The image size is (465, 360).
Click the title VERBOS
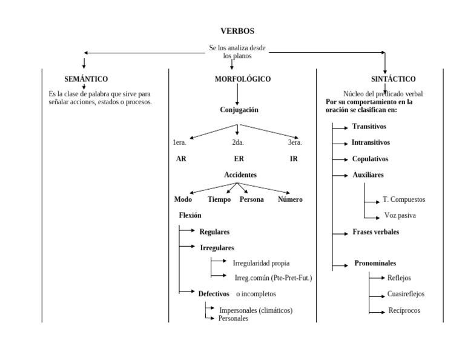pyautogui.click(x=237, y=31)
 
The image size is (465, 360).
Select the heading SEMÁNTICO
pyautogui.click(x=86, y=79)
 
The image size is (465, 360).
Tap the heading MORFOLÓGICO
pyautogui.click(x=243, y=79)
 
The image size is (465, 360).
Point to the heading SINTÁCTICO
pyautogui.click(x=393, y=79)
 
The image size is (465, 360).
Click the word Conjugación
pyautogui.click(x=239, y=110)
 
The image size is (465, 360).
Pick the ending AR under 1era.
pyautogui.click(x=181, y=159)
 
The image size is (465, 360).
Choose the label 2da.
pyautogui.click(x=238, y=142)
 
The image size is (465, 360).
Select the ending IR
pyautogui.click(x=294, y=159)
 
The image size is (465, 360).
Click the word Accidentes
pyautogui.click(x=240, y=175)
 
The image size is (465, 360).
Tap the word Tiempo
pyautogui.click(x=219, y=199)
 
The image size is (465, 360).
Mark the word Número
pyautogui.click(x=290, y=199)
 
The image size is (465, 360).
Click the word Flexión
pyautogui.click(x=190, y=215)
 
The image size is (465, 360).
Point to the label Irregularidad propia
pyautogui.click(x=261, y=263)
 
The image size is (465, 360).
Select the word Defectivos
pyautogui.click(x=214, y=293)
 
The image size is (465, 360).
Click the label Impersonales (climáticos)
pyautogui.click(x=256, y=310)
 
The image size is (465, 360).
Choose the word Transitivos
pyautogui.click(x=369, y=126)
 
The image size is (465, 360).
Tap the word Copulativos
pyautogui.click(x=371, y=159)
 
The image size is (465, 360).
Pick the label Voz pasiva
pyautogui.click(x=400, y=215)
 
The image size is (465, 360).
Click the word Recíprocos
pyautogui.click(x=404, y=310)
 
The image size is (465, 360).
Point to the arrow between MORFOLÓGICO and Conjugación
pyautogui.click(x=237, y=94)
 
